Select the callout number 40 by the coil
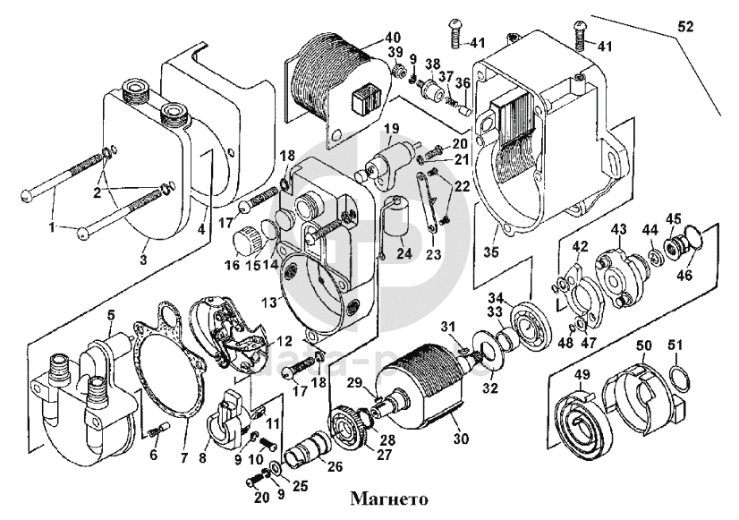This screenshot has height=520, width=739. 394,38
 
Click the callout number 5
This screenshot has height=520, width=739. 111,314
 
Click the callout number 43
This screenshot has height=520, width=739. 617,230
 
